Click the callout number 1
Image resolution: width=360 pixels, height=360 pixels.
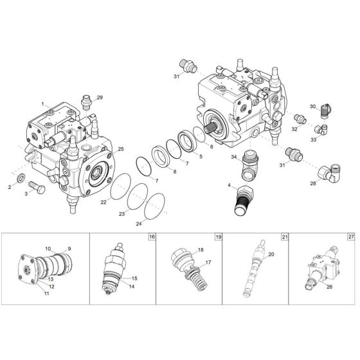coord(42,104)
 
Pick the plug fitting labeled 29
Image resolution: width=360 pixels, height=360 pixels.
coord(87,102)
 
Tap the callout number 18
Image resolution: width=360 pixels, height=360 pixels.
coord(201,249)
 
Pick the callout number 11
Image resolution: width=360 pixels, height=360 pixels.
coord(47,292)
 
